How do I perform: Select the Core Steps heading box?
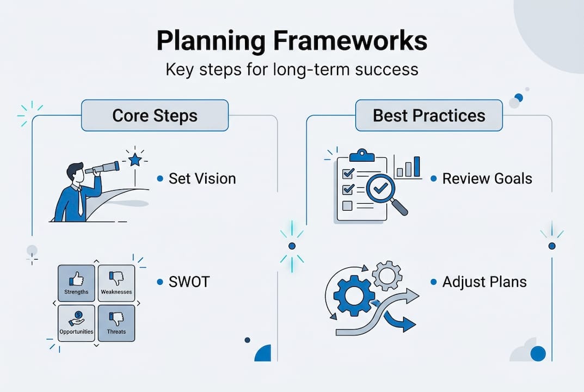(x=155, y=115)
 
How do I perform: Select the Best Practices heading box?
(x=429, y=115)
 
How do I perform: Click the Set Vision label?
(x=202, y=179)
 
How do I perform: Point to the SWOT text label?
(x=189, y=282)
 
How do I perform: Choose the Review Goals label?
(x=487, y=179)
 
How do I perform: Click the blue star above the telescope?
(x=135, y=160)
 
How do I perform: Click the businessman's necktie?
(x=80, y=203)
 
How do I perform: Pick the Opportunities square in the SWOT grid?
(x=76, y=322)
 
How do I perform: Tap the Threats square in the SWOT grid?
(x=116, y=322)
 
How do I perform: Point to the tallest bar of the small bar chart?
(x=417, y=167)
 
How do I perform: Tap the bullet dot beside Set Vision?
(x=160, y=179)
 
